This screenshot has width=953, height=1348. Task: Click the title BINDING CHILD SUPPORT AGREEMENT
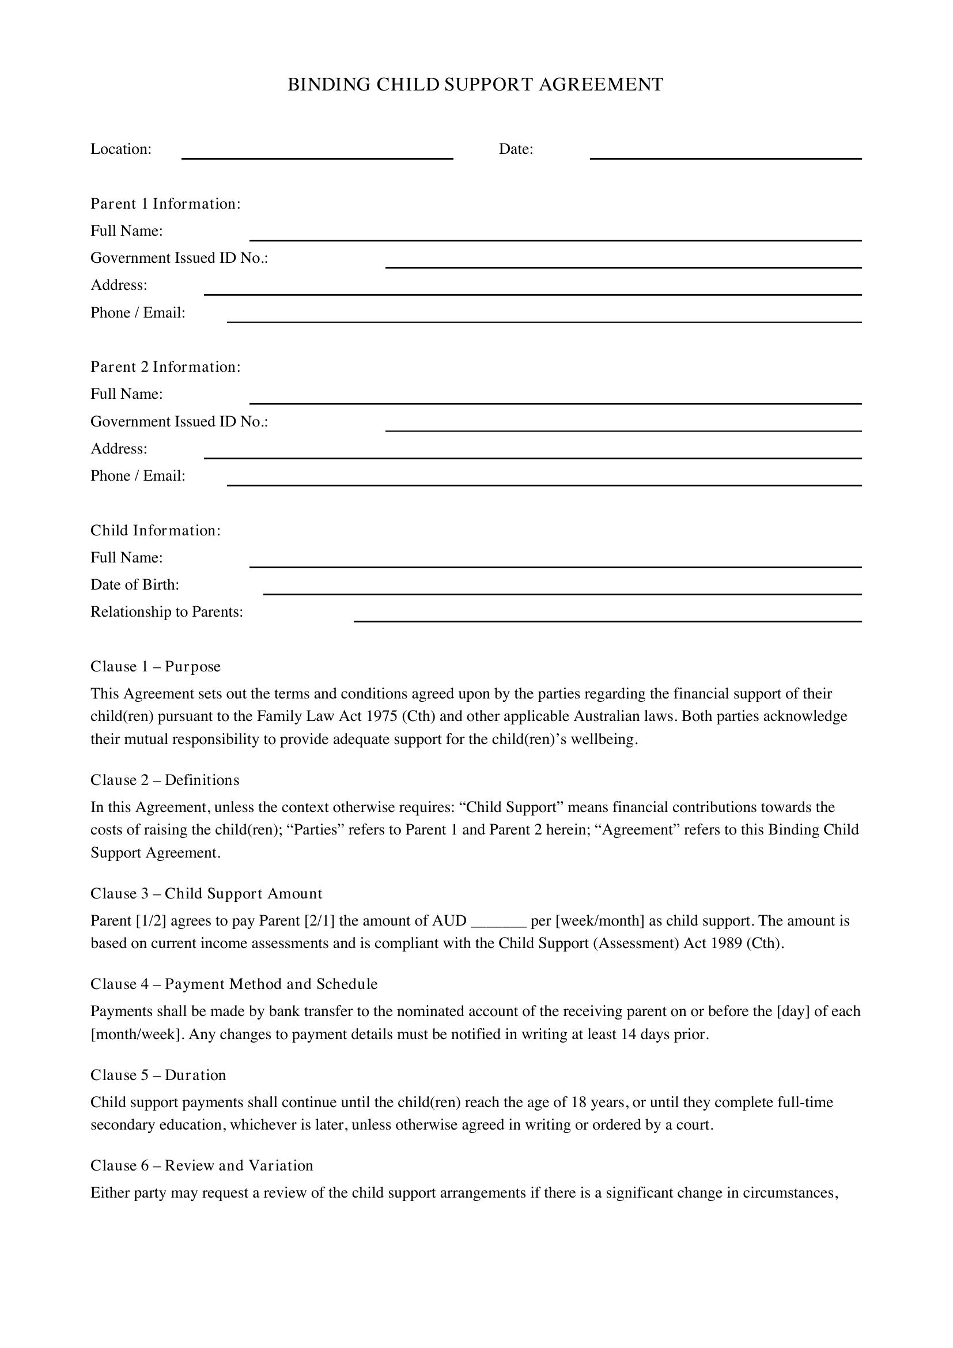pos(475,85)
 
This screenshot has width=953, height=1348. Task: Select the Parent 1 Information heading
pos(165,203)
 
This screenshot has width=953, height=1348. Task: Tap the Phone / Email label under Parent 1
pos(138,313)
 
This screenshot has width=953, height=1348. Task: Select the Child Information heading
pos(156,531)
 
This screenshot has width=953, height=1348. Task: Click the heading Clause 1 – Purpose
pos(156,666)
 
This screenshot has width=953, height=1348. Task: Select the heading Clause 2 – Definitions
pos(165,780)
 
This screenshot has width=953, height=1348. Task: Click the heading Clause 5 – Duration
pos(158,1075)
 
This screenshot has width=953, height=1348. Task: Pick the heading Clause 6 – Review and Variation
pos(202,1165)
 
